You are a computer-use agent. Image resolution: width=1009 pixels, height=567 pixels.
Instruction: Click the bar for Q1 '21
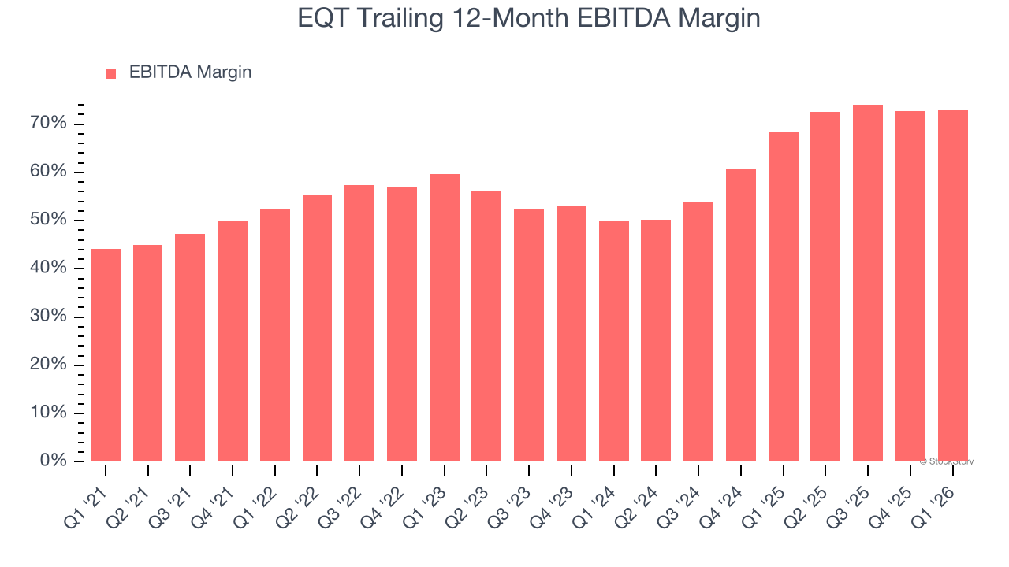[106, 355]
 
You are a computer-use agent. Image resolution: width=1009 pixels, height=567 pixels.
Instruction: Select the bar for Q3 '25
[868, 283]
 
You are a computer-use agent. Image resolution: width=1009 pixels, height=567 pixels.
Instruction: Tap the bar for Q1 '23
[445, 317]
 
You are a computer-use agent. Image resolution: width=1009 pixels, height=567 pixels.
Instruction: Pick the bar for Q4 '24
[741, 315]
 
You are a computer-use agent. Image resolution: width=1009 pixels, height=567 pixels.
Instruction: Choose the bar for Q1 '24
[614, 341]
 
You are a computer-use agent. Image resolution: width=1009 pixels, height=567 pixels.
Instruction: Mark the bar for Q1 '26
[952, 286]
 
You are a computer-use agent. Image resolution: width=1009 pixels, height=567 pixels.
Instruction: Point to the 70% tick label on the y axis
[48, 124]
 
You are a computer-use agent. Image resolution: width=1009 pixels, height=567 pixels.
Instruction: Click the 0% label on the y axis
[53, 461]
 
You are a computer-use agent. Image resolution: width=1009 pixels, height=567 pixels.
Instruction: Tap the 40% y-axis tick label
[48, 269]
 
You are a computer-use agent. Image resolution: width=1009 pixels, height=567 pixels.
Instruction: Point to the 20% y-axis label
[48, 365]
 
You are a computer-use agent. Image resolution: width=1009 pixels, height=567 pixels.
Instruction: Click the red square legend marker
[111, 73]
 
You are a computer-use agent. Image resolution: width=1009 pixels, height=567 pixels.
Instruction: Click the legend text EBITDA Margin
[190, 72]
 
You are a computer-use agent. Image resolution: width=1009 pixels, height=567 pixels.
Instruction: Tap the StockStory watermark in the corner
[947, 461]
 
